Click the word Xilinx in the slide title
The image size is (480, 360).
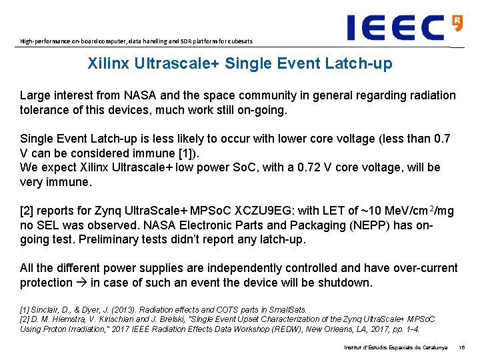[108, 64]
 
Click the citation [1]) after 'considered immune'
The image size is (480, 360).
[176, 153]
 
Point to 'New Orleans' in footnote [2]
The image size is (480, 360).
[312, 329]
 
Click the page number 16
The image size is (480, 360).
[461, 347]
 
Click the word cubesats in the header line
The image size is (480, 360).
[238, 41]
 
